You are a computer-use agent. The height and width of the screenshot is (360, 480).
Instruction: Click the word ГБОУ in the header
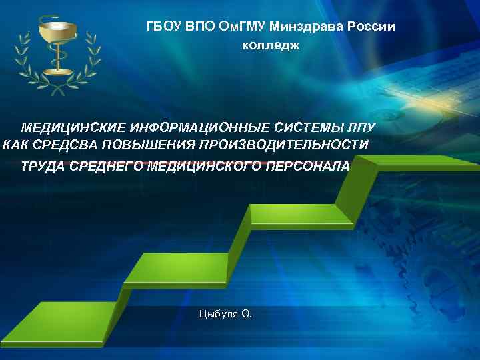click(x=163, y=26)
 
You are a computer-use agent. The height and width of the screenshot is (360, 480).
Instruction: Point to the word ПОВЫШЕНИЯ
click(x=142, y=145)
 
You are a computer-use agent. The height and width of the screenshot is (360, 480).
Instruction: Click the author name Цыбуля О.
click(x=225, y=313)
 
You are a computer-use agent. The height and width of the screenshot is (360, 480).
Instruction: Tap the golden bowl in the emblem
click(x=58, y=30)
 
